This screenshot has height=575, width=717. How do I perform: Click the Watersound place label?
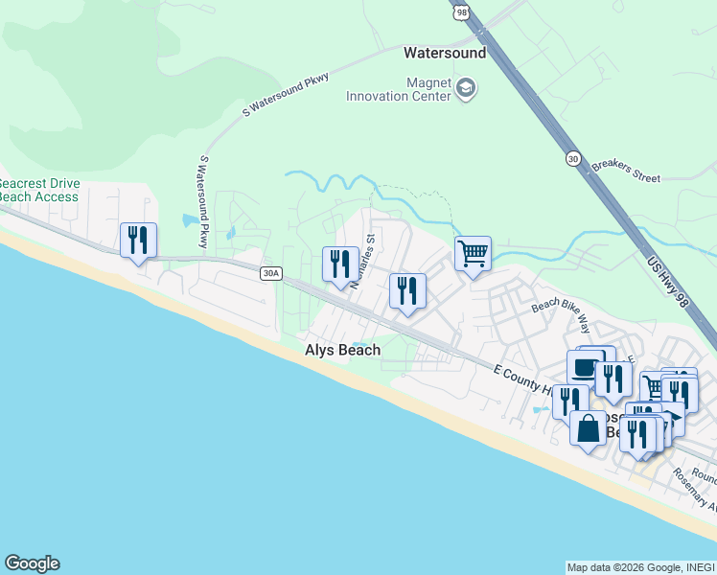pyautogui.click(x=445, y=54)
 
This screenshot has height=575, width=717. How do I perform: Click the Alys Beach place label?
pyautogui.click(x=342, y=350)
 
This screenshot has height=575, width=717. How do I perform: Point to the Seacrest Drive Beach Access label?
pyautogui.click(x=38, y=190)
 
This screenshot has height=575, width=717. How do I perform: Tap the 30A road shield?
pyautogui.click(x=270, y=273)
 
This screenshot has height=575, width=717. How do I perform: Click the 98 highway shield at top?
pyautogui.click(x=460, y=11)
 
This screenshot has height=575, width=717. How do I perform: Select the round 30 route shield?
pyautogui.click(x=573, y=159)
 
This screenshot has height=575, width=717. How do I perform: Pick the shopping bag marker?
pyautogui.click(x=588, y=427)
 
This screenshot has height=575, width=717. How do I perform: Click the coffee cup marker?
pyautogui.click(x=584, y=367)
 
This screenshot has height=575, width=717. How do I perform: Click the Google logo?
pyautogui.click(x=32, y=563)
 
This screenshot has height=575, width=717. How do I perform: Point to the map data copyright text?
pyautogui.click(x=640, y=567)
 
